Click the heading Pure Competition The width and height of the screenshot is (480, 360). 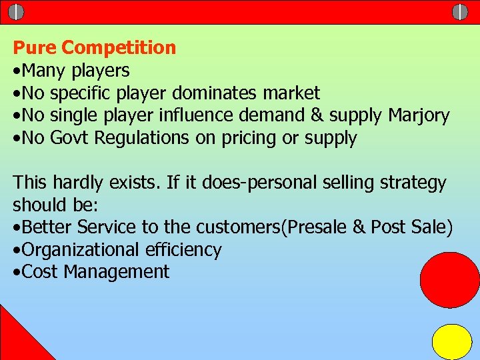pyautogui.click(x=95, y=48)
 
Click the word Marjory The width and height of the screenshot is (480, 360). pyautogui.click(x=419, y=116)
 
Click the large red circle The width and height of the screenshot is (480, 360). pyautogui.click(x=450, y=280)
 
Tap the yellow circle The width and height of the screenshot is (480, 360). pyautogui.click(x=452, y=341)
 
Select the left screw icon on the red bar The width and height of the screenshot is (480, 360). pyautogui.click(x=16, y=12)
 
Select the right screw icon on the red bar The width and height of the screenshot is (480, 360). pyautogui.click(x=460, y=12)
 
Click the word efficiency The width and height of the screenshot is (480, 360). pyautogui.click(x=184, y=250)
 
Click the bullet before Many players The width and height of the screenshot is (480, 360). pyautogui.click(x=17, y=71)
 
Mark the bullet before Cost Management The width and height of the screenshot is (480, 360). pyautogui.click(x=17, y=273)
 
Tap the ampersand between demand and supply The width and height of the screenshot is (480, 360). pyautogui.click(x=317, y=116)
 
